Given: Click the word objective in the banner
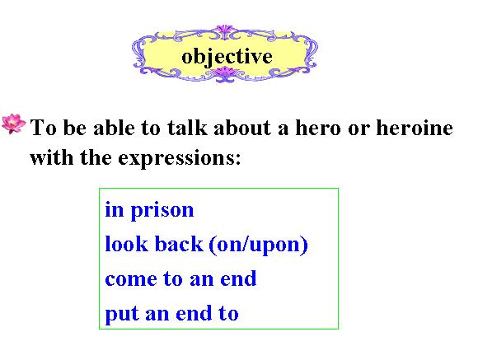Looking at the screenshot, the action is click(x=227, y=57).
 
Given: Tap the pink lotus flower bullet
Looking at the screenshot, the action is click(x=13, y=124).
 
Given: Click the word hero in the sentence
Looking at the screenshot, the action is click(x=318, y=127).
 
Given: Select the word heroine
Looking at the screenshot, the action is click(x=415, y=127).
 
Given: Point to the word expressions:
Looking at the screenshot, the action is click(x=180, y=159).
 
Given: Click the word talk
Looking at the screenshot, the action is click(x=187, y=127).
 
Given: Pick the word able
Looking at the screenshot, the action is click(x=114, y=127).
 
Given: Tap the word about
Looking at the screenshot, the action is click(x=242, y=127).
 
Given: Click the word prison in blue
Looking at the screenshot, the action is click(x=162, y=211).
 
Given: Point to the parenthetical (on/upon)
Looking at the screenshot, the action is click(x=259, y=245).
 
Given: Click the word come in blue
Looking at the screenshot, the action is click(x=131, y=279).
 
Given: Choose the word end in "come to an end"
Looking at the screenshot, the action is click(x=238, y=278).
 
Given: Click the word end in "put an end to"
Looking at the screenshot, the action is click(x=194, y=313).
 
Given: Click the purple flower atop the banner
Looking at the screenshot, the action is click(x=225, y=31).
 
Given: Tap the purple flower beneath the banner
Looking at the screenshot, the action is click(x=225, y=74).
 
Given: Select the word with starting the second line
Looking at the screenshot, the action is click(x=52, y=157).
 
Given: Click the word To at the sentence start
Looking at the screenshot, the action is click(x=44, y=127).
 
